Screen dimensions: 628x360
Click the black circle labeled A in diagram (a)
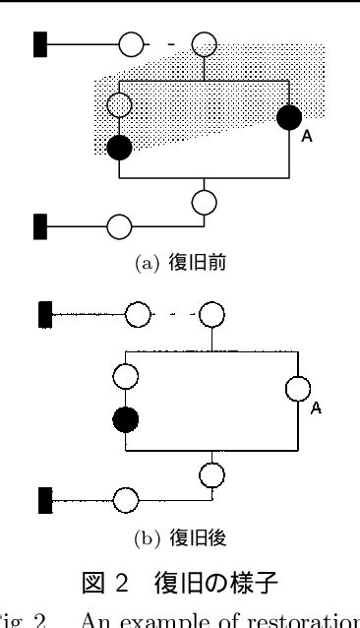tap(289, 119)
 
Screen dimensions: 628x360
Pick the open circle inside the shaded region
tap(119, 103)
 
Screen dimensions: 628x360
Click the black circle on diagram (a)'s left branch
tap(119, 148)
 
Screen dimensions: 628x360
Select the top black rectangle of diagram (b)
tap(43, 315)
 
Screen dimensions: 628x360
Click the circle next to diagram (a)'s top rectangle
tap(131, 44)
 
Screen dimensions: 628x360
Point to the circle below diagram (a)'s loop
tap(203, 202)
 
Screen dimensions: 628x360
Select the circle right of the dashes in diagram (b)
tap(210, 315)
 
